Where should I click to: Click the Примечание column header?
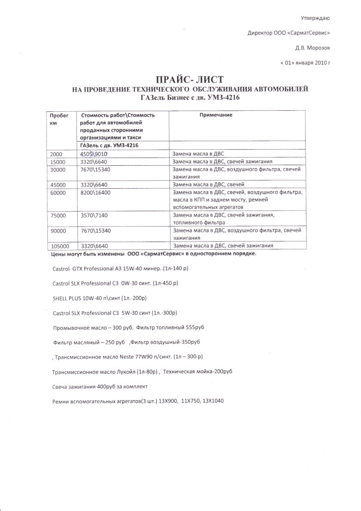(216, 115)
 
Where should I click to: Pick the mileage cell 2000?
(56, 155)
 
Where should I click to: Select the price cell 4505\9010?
(94, 155)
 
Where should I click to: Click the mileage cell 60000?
(58, 192)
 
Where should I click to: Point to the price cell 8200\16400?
(96, 192)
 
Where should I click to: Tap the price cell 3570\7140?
(94, 216)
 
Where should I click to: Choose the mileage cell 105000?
(60, 246)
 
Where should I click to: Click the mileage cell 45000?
(58, 185)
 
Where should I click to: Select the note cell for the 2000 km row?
(197, 155)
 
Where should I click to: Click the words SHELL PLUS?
(68, 298)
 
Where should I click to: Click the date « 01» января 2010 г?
(306, 63)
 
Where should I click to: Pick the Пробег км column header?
(58, 119)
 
